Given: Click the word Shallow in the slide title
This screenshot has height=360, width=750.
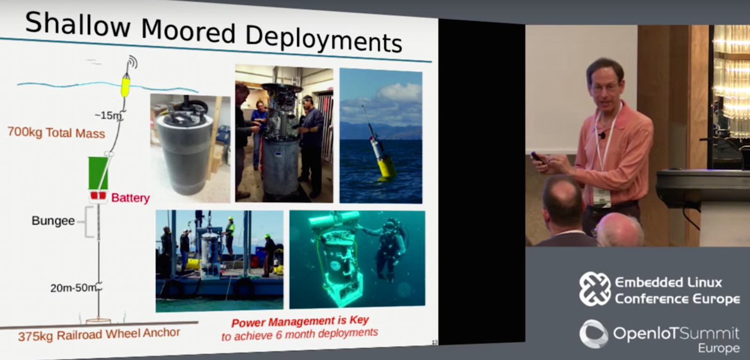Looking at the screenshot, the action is [78, 23].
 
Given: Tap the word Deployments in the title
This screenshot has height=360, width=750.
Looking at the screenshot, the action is [323, 39].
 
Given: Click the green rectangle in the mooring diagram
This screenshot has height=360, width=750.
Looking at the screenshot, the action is [98, 173].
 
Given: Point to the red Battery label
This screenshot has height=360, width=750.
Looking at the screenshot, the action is [130, 198].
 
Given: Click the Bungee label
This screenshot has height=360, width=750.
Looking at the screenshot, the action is [53, 221].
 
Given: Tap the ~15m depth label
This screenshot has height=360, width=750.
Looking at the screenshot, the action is [108, 115].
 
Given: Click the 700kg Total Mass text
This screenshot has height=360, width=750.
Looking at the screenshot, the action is [56, 133].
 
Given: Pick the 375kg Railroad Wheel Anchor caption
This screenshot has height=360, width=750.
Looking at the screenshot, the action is [99, 335].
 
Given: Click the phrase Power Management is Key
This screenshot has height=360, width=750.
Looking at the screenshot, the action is [300, 322].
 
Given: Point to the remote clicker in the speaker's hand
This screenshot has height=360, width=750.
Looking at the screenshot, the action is [537, 157].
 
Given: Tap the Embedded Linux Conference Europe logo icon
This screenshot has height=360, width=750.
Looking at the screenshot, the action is [595, 289].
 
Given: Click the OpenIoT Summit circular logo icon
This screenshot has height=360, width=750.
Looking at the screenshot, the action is [594, 334].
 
